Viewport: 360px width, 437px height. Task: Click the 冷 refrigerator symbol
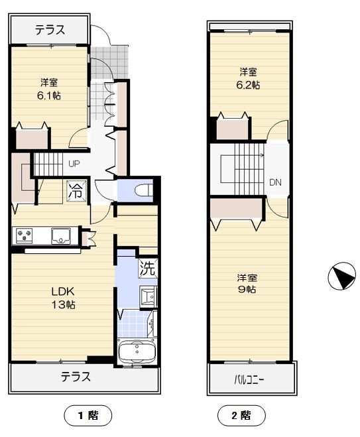coord(77,191)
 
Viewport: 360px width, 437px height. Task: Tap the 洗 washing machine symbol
coord(148,268)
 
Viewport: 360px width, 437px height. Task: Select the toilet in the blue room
coord(143,191)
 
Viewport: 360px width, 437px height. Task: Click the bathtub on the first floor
coord(137,351)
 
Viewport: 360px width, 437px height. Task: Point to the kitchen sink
coord(60,236)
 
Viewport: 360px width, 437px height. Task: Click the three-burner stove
coord(25,235)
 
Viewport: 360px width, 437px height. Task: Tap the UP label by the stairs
coord(74,164)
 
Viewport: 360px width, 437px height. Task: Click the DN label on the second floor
coord(275,182)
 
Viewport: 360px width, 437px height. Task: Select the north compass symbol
coord(341,276)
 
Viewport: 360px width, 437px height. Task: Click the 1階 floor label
coord(88,416)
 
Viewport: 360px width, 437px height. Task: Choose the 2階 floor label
coord(241,416)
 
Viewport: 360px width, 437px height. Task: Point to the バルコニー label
coord(249,380)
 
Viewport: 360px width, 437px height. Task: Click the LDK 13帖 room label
coord(63,298)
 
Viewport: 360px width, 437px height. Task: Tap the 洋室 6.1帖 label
coord(49,89)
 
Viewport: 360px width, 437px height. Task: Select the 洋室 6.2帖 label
coord(248,78)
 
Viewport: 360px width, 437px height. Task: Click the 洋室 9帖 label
coord(247,283)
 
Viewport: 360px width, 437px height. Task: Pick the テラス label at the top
coord(50,30)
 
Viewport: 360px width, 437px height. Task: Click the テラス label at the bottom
coord(76,377)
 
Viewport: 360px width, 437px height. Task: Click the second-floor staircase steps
coord(249,169)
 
